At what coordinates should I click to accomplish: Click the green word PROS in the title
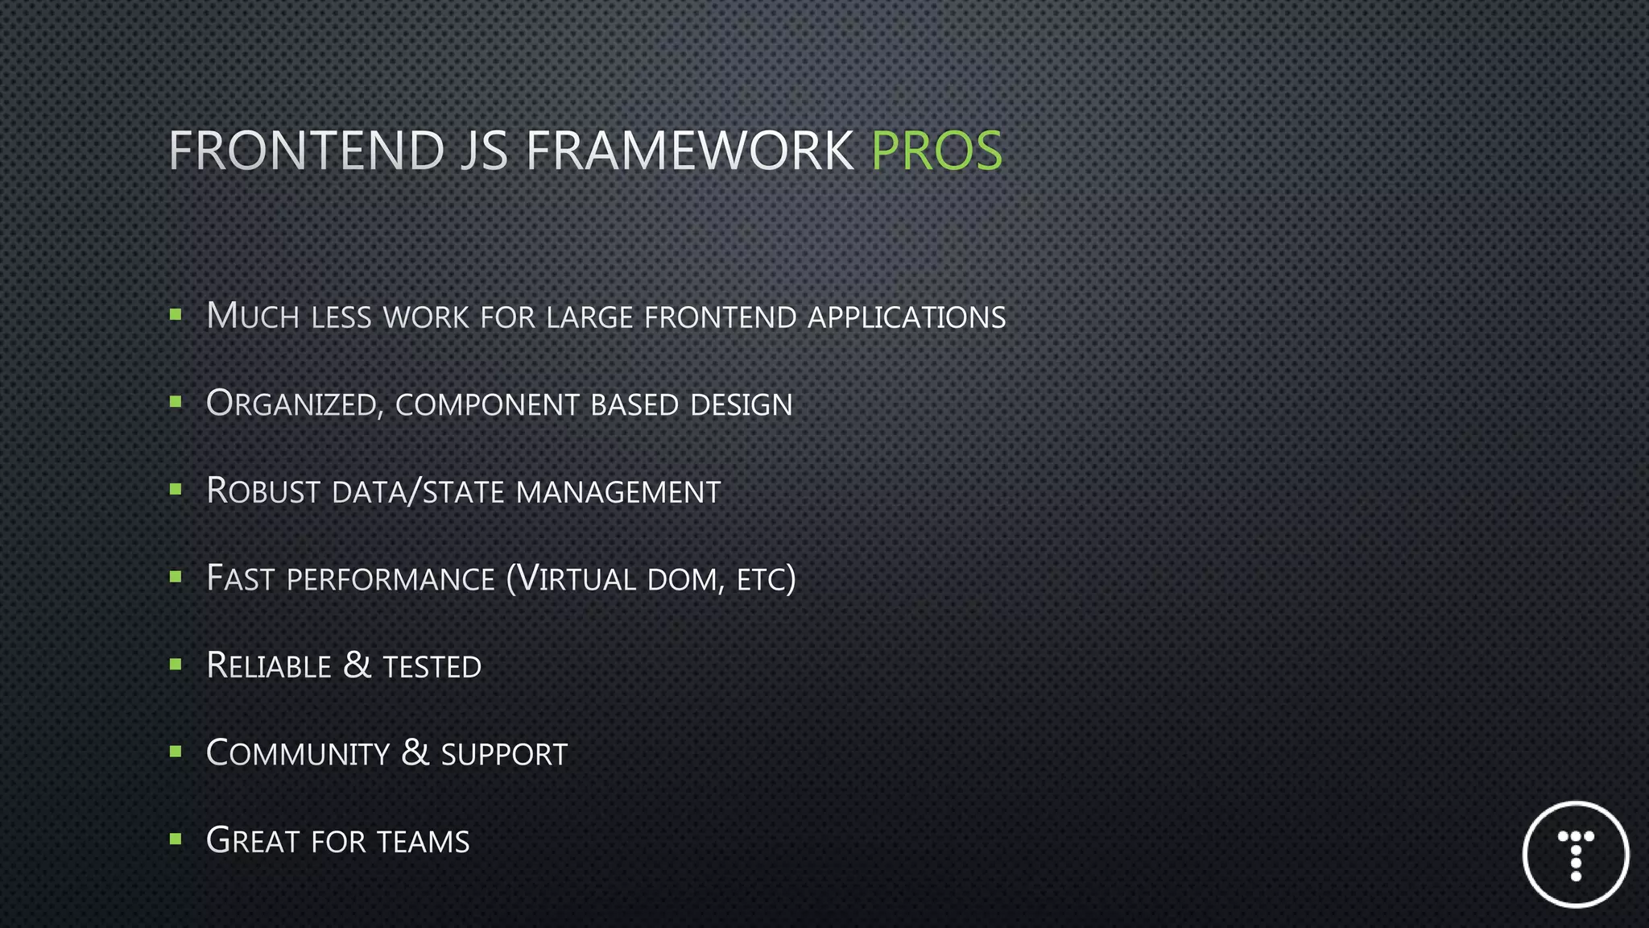pos(936,151)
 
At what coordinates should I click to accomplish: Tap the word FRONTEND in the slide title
pos(306,151)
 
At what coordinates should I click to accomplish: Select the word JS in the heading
pos(484,151)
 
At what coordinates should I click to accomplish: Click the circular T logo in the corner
pos(1576,855)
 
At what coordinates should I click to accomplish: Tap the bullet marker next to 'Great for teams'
pos(176,839)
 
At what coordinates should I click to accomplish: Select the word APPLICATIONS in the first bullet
pos(907,317)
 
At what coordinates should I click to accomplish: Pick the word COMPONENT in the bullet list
pos(487,405)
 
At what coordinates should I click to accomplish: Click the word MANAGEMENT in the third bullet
pos(618,492)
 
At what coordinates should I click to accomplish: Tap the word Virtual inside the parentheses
pos(576,579)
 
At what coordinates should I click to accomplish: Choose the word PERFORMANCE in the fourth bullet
pos(391,580)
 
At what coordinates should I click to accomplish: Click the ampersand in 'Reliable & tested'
pos(357,665)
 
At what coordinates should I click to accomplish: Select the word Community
pos(298,754)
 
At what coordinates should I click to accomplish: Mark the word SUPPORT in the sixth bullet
pos(504,755)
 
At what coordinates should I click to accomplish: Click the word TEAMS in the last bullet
pos(423,842)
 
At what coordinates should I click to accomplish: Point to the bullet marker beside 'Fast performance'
pos(176,577)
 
